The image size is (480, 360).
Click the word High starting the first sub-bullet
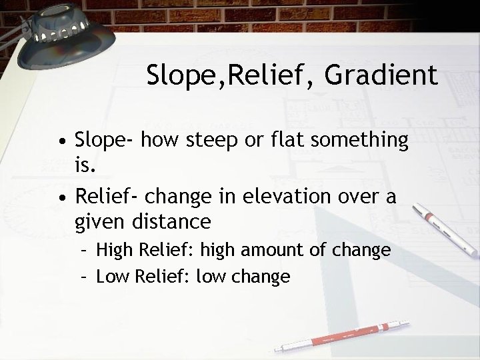114,251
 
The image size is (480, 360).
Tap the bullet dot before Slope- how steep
61,141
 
